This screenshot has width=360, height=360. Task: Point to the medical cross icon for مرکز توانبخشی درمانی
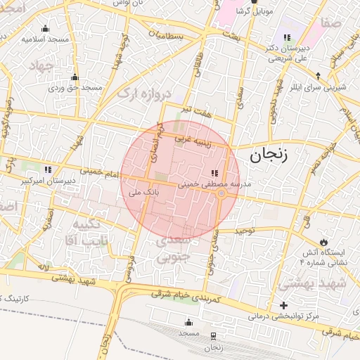tap(283, 305)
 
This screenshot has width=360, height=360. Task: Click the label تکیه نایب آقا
tap(91, 233)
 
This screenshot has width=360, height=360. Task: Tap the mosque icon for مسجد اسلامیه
tap(46, 28)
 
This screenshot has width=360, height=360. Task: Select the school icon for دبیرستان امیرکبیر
tap(48, 169)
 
